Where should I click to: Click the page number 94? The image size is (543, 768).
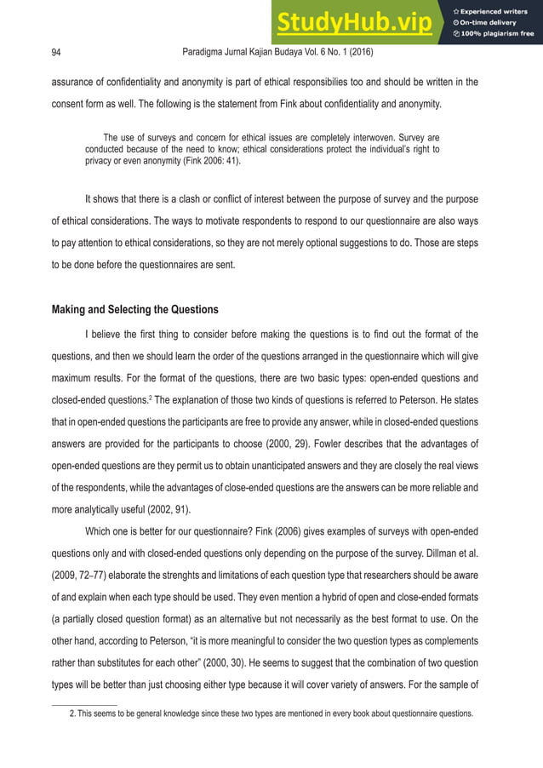pyautogui.click(x=56, y=53)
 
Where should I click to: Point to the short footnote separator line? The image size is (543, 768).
pyautogui.click(x=84, y=704)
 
